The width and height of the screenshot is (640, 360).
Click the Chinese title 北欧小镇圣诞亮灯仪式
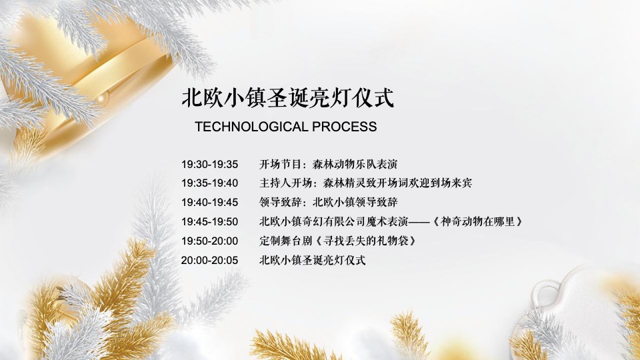click(x=287, y=98)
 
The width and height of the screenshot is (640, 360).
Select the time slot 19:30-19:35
click(x=209, y=164)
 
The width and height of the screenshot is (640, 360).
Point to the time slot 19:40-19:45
click(x=209, y=202)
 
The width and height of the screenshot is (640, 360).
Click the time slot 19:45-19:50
click(x=209, y=221)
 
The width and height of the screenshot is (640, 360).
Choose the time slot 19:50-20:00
click(x=209, y=241)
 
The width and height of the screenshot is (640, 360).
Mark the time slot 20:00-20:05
click(x=209, y=260)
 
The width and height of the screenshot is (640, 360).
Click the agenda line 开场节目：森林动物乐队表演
click(x=328, y=164)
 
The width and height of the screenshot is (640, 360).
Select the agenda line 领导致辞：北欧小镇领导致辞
click(x=328, y=202)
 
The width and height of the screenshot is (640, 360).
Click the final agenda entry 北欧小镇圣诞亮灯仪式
click(x=312, y=260)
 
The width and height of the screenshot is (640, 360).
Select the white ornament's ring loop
click(x=546, y=294)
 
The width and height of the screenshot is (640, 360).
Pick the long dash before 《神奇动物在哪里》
click(x=419, y=221)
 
